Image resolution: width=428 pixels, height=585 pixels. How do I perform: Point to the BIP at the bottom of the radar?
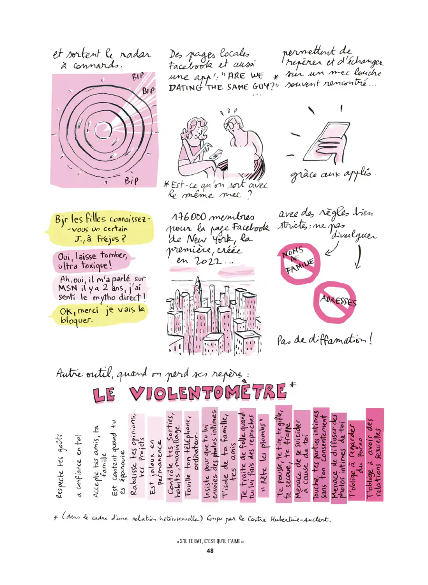131,181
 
